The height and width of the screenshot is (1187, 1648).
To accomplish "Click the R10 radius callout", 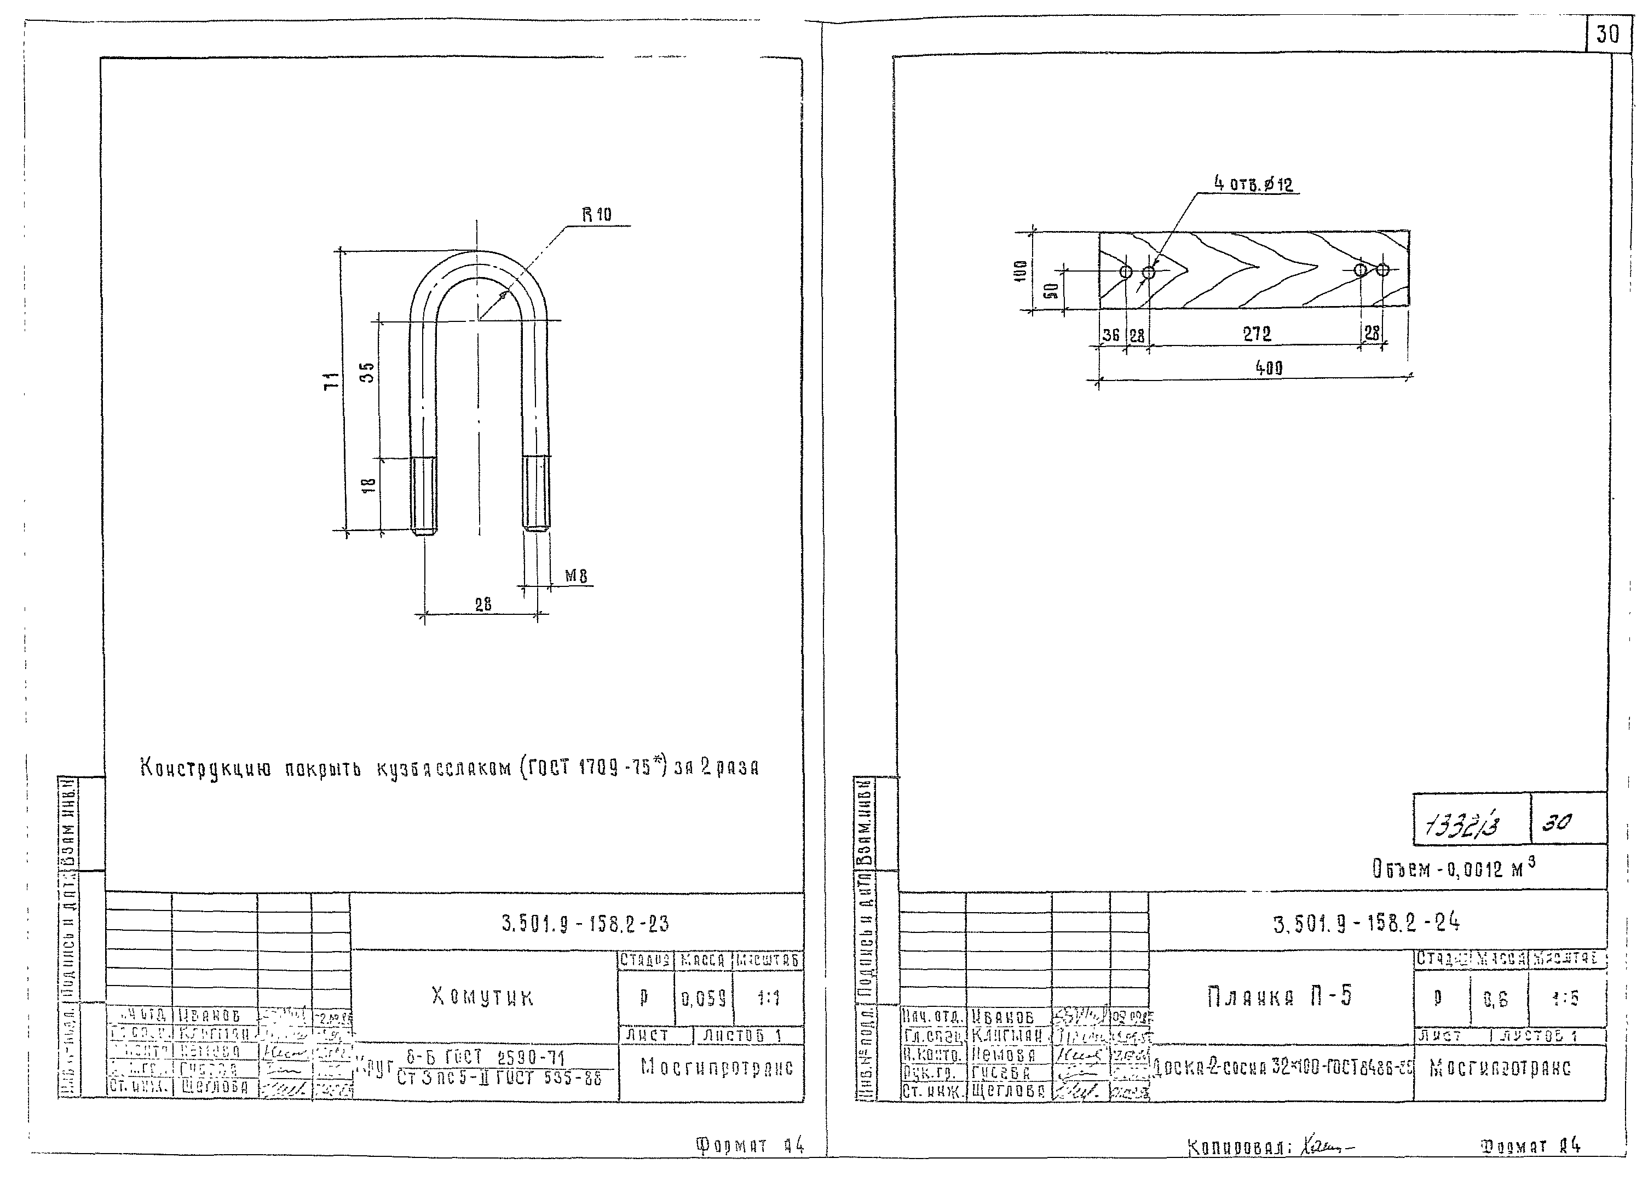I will tap(597, 214).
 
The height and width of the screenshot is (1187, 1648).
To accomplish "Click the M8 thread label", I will tap(576, 576).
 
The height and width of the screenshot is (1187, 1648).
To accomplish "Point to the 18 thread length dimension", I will tap(368, 485).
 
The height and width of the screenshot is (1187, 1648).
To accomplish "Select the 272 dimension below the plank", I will tap(1257, 333).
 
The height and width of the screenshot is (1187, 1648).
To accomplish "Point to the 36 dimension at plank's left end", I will tap(1111, 335).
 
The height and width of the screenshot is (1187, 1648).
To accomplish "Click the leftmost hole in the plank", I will tap(1126, 272).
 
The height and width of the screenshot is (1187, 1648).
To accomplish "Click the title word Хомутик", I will tap(482, 996).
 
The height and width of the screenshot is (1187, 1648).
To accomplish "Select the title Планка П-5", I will tap(1280, 996).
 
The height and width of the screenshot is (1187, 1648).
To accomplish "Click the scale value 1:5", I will tap(1566, 999).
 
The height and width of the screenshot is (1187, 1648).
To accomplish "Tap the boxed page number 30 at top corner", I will tap(1608, 34).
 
